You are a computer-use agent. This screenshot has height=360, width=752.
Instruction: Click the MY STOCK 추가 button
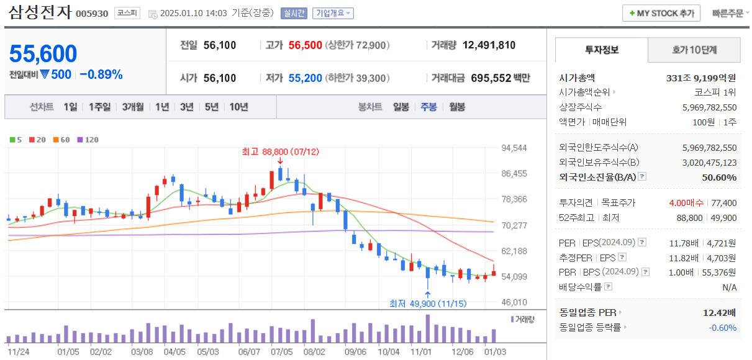coord(661,13)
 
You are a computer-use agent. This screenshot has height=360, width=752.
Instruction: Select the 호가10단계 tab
coord(694,50)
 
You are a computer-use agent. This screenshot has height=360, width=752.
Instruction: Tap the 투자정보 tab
coord(601,50)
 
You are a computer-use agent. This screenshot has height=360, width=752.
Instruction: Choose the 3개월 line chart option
coord(132,107)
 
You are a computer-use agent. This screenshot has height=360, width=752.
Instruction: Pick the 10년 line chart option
coord(238,107)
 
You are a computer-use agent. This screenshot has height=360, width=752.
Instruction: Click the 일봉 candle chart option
coord(401,107)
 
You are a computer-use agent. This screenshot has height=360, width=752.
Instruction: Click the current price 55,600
coord(43,54)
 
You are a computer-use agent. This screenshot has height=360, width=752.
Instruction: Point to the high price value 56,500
coord(305,45)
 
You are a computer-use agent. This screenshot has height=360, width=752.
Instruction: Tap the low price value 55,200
coord(305,78)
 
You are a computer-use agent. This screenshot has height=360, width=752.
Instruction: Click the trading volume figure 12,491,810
coord(489,45)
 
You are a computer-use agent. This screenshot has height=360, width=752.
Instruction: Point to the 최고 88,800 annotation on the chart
coord(281,151)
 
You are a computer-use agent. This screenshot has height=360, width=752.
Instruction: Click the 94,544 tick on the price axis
coord(514,148)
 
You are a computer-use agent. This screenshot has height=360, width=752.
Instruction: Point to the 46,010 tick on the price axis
coord(514,302)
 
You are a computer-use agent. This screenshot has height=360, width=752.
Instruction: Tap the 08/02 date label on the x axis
coord(315,351)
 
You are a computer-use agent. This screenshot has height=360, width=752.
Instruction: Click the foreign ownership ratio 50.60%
coord(719,178)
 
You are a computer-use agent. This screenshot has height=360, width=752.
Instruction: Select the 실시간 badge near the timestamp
coord(294,13)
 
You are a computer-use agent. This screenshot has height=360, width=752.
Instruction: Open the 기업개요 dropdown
coord(333,13)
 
